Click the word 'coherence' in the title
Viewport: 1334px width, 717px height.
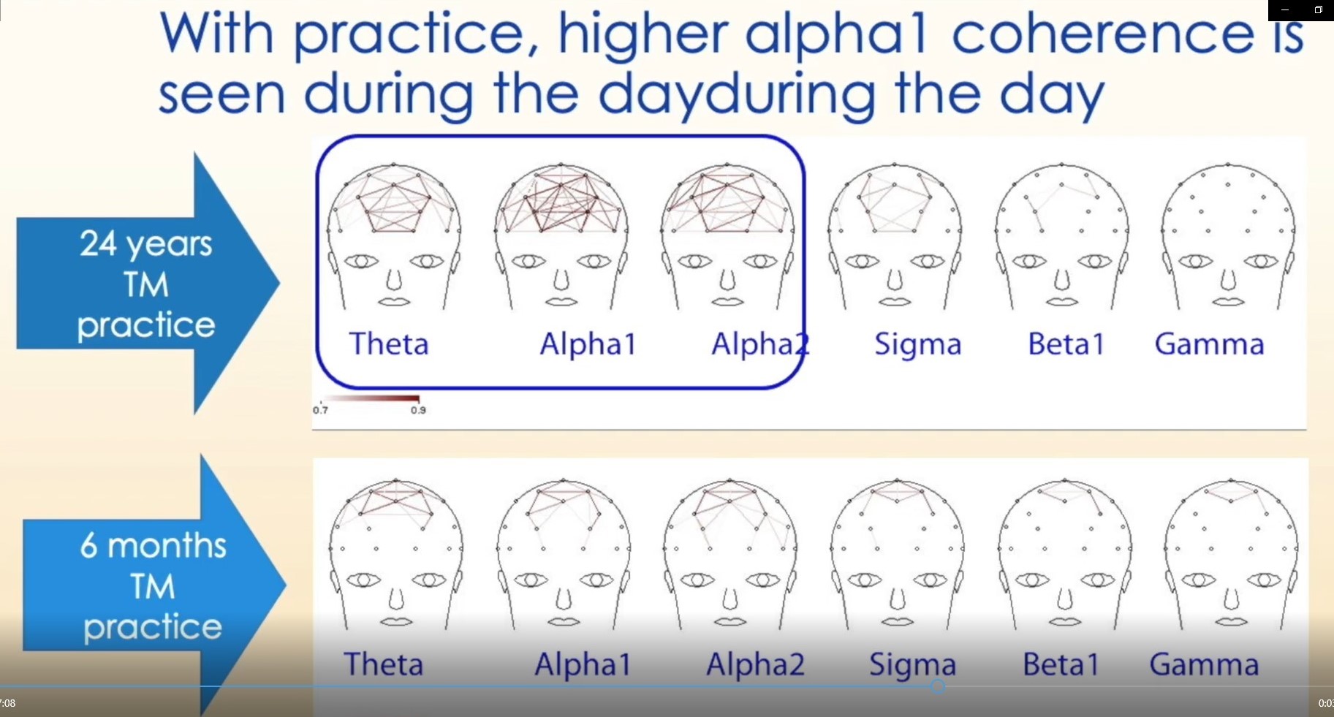1103,34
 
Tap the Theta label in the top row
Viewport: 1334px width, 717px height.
388,344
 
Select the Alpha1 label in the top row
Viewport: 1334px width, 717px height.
588,344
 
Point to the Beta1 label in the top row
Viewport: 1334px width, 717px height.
1066,344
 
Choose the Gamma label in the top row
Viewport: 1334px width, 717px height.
1209,344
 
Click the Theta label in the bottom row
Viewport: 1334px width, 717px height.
384,664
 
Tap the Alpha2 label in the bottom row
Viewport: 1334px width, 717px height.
755,664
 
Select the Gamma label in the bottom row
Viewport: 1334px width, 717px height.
1204,664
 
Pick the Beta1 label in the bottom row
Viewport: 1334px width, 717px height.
1061,664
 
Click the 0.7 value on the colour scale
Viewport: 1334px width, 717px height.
320,410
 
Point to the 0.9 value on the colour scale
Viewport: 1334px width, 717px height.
418,410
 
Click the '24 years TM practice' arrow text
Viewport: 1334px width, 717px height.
146,284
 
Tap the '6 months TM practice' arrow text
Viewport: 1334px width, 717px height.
153,586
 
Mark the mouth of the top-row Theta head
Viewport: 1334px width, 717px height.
395,301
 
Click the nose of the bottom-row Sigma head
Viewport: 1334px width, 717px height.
897,599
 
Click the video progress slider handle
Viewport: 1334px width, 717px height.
938,686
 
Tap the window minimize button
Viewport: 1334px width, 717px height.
1285,10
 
